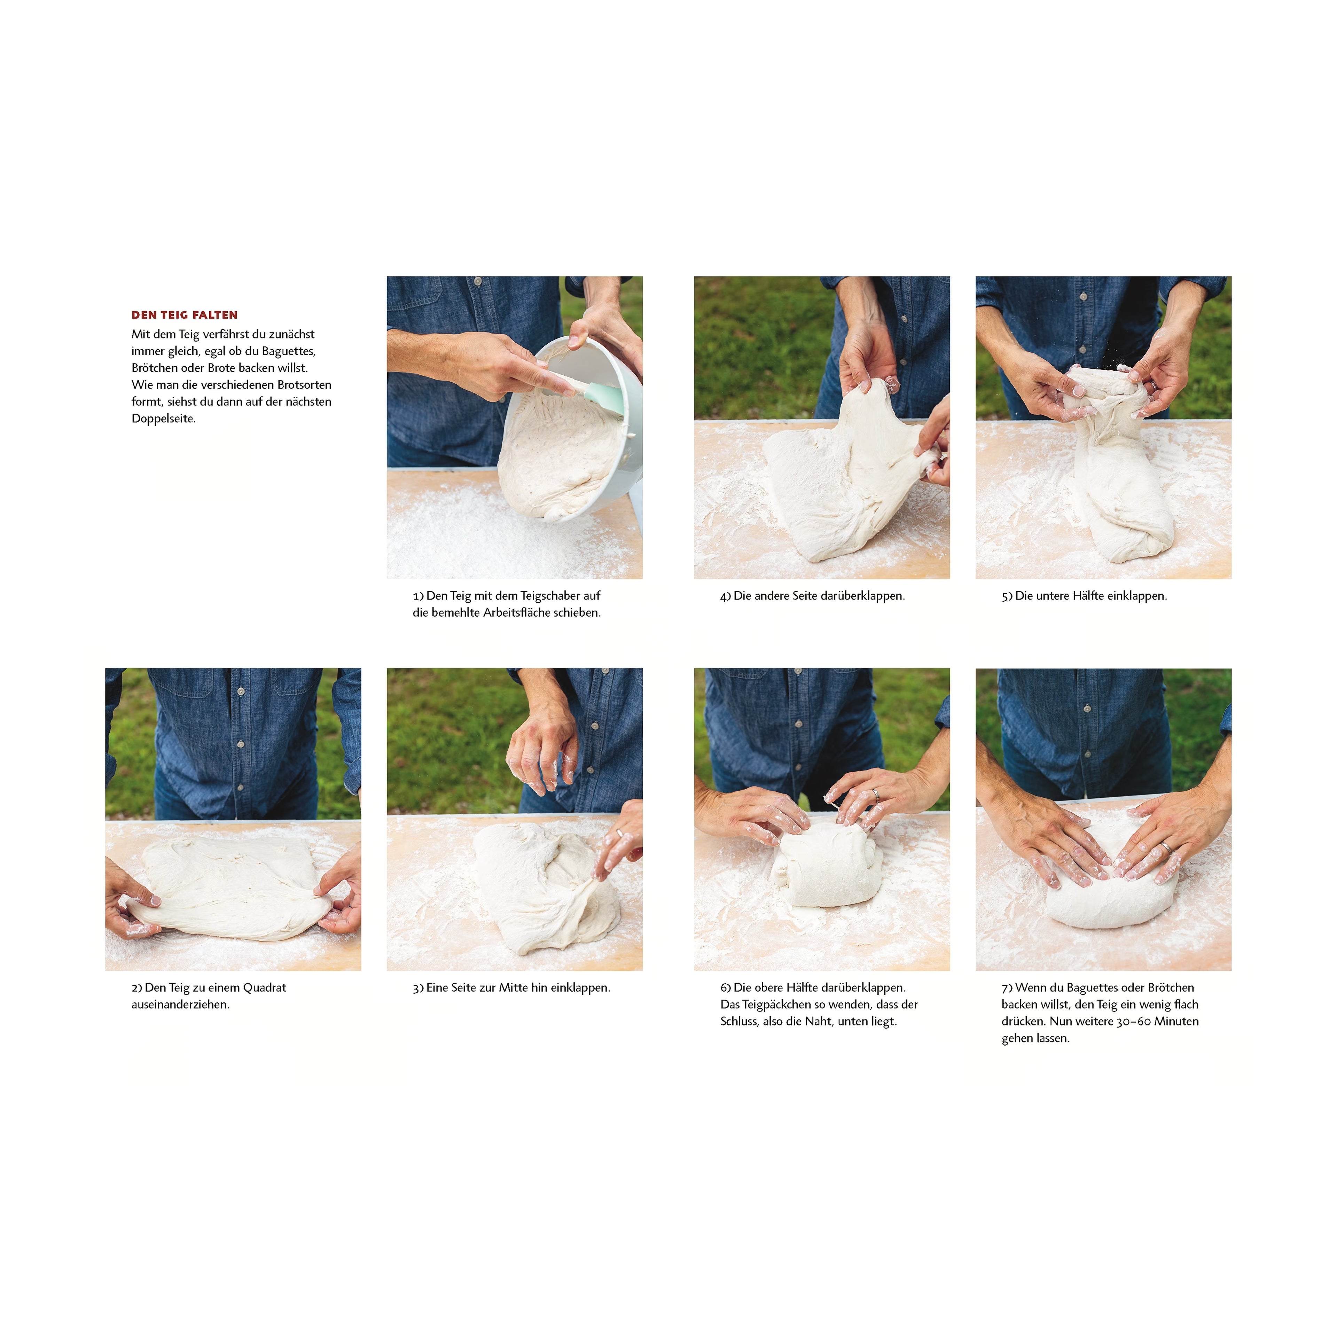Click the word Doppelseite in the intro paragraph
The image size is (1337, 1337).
coord(163,419)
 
